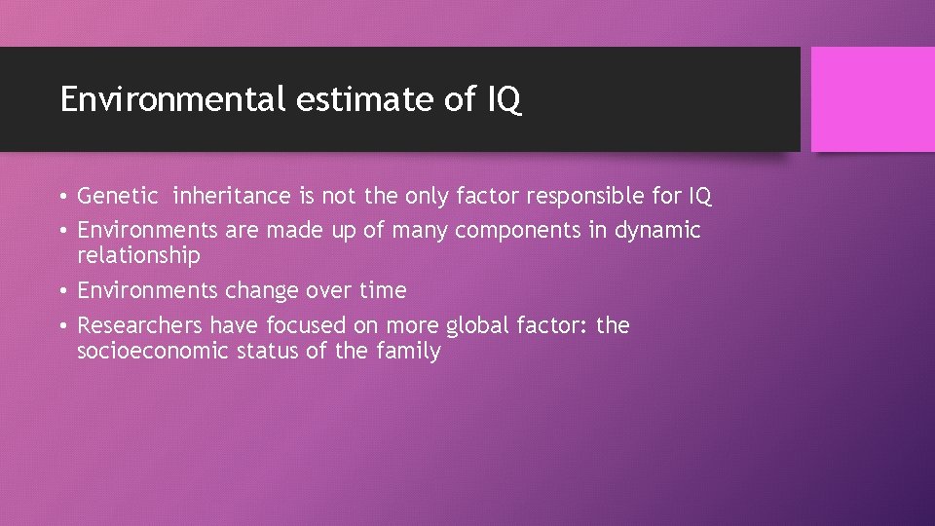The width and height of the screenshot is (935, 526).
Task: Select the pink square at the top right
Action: (x=873, y=99)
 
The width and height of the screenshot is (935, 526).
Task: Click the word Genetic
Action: (x=117, y=197)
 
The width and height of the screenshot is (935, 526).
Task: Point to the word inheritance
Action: (x=232, y=197)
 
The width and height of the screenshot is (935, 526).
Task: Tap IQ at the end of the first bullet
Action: (x=699, y=197)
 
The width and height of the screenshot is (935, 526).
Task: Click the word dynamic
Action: (x=657, y=231)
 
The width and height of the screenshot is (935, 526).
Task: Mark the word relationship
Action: (x=138, y=256)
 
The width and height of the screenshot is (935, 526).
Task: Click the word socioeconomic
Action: (x=154, y=351)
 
